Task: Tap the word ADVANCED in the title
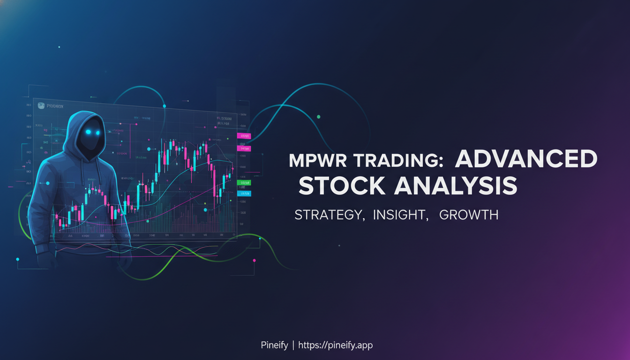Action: (526, 160)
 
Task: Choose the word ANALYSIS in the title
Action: (455, 186)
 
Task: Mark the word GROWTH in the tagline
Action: (469, 215)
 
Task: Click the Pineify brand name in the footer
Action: (274, 345)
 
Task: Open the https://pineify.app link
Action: (335, 345)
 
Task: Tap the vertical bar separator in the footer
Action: (293, 345)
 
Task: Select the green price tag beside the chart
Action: (244, 183)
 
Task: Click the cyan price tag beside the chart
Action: (244, 193)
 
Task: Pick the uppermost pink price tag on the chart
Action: (244, 136)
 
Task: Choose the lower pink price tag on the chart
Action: (244, 149)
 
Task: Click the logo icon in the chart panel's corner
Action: (41, 106)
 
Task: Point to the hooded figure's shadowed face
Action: (90, 136)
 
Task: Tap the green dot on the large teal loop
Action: (319, 116)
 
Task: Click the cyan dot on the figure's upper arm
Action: (47, 183)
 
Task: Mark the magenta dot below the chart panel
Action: (254, 260)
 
